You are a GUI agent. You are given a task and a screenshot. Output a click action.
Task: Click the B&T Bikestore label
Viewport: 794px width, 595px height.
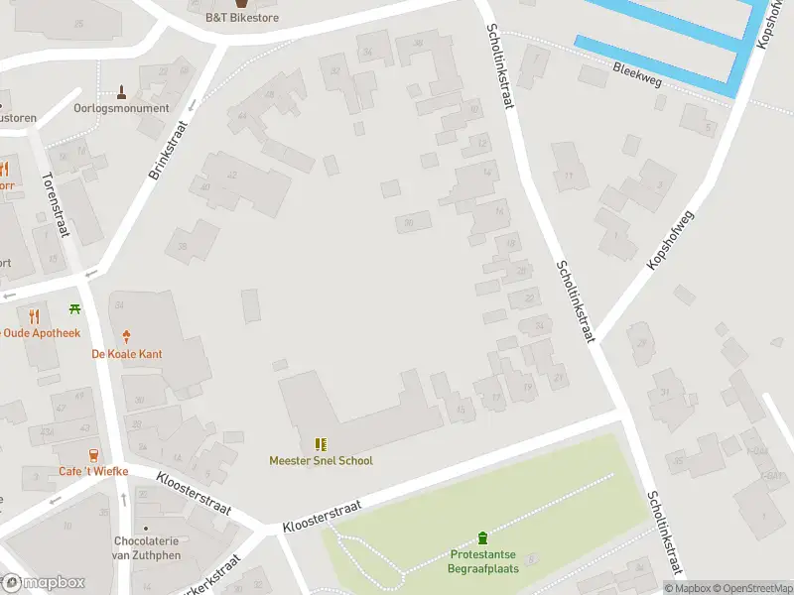pos(241,18)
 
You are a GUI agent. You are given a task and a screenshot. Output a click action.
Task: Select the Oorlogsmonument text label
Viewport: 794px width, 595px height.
pos(121,108)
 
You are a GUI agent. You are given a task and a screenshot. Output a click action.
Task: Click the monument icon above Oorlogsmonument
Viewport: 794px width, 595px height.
pos(121,92)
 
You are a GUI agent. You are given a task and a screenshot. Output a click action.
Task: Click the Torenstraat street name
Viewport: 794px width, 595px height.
pos(55,204)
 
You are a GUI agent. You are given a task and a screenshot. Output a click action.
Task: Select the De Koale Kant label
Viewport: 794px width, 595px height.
pos(126,354)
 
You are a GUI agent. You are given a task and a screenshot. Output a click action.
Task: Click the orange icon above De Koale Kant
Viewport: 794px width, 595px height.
pos(126,337)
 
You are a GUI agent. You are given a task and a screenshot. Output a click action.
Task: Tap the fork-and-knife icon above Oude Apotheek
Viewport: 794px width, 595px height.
pos(35,316)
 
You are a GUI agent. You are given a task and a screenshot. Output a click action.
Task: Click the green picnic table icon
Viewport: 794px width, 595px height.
pos(74,309)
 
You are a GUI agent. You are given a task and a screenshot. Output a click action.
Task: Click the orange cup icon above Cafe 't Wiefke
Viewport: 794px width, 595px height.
pos(93,455)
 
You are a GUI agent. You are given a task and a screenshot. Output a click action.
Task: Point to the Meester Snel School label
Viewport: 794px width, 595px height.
pos(321,460)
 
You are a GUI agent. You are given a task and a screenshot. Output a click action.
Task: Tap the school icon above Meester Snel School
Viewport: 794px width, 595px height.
pos(321,444)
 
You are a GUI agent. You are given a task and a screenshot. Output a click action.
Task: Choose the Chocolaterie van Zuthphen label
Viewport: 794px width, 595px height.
pos(147,547)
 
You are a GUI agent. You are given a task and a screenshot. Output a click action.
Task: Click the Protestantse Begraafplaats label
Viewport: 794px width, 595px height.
pos(483,561)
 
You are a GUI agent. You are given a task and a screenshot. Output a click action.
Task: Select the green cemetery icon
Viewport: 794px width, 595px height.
pos(483,537)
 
